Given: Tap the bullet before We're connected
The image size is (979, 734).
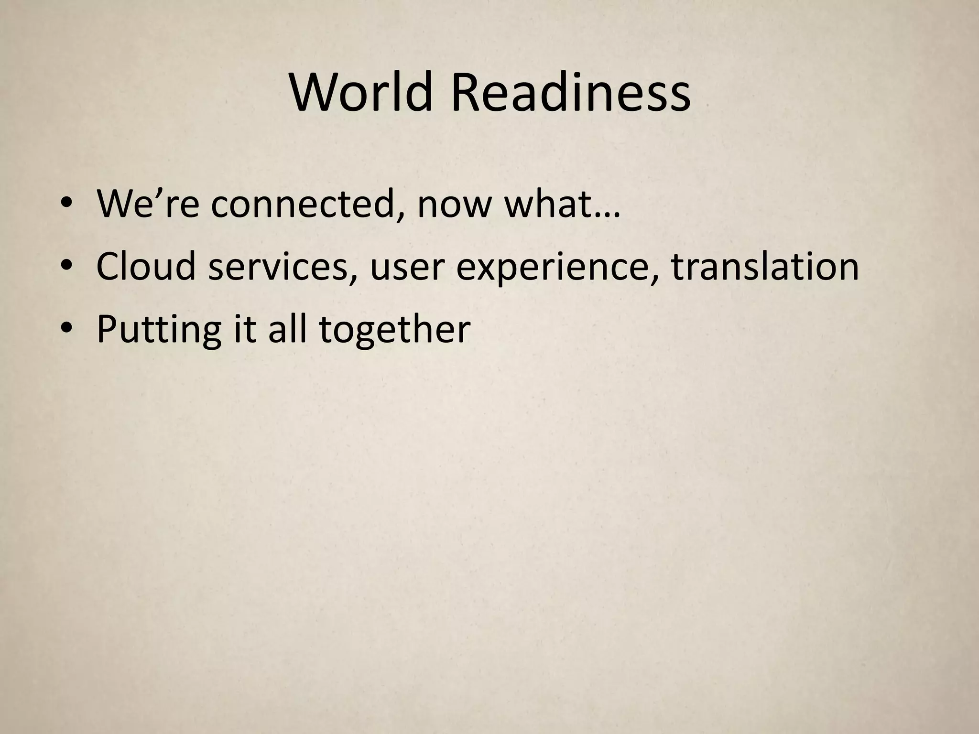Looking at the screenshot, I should [x=67, y=205].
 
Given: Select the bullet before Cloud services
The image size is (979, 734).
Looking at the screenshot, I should [x=67, y=267].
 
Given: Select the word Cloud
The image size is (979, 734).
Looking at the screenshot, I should [x=146, y=267].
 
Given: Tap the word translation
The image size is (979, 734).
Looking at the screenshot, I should [x=765, y=267].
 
